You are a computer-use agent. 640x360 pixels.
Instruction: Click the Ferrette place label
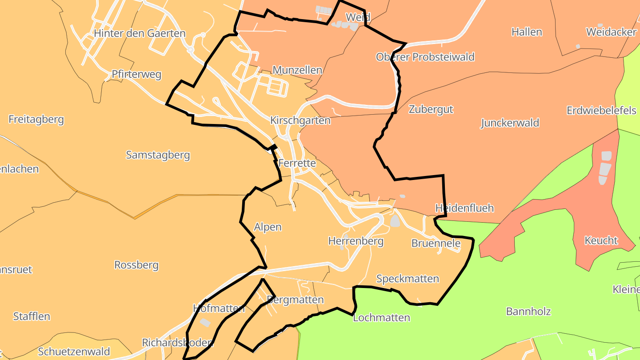pos(297,163)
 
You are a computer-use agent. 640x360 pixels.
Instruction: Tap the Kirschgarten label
pos(300,120)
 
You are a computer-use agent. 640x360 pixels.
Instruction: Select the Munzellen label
pos(297,70)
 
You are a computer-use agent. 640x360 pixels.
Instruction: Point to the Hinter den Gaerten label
pos(140,33)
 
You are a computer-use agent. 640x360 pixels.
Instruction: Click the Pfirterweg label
pos(136,74)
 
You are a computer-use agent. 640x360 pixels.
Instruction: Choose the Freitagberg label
pos(36,119)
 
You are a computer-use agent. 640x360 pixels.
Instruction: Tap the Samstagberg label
pos(158,155)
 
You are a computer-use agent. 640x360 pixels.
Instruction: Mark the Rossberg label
pos(136,265)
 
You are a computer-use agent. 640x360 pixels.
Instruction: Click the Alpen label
pos(268,227)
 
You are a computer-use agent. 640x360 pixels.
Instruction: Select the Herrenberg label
pos(356,241)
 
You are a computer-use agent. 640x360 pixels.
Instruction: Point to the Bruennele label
pos(436,243)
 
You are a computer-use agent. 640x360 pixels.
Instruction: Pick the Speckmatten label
pos(408,279)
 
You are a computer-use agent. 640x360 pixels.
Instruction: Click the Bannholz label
pos(528,311)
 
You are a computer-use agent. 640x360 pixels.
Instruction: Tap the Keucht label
pos(601,241)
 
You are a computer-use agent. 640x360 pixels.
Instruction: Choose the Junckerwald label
pos(510,123)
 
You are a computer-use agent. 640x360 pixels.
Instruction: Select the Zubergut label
pos(431,109)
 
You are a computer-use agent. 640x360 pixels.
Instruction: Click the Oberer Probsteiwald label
pos(425,57)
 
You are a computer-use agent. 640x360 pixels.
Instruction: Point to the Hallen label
pos(527,32)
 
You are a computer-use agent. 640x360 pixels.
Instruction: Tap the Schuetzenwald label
pos(74,352)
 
